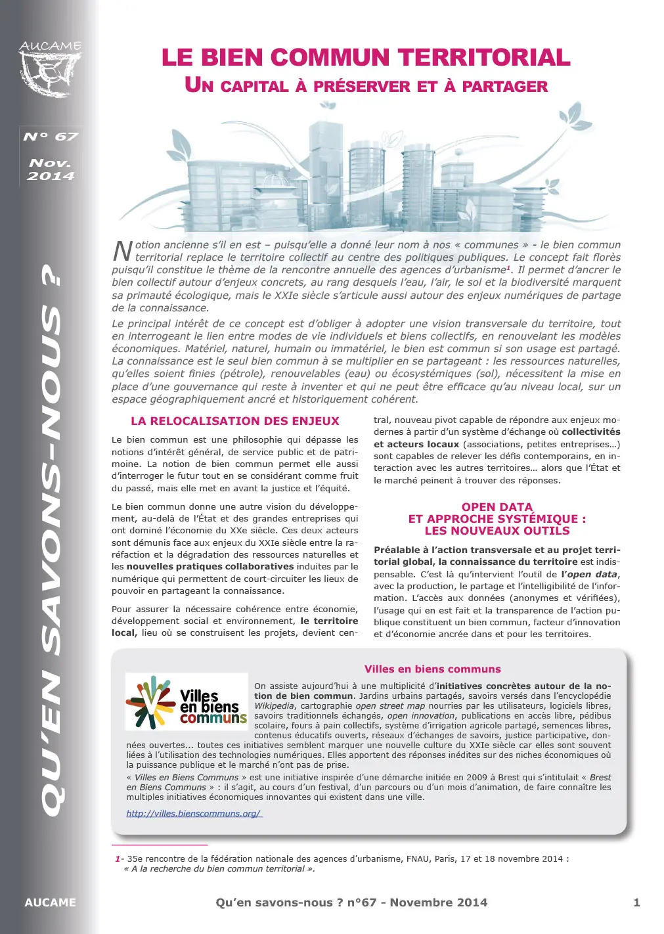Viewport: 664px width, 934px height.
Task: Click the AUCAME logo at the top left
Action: point(51,69)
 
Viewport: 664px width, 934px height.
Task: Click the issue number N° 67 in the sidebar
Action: point(51,137)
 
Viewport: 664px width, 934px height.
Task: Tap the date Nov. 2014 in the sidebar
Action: point(51,169)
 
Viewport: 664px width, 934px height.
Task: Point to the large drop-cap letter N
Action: point(122,251)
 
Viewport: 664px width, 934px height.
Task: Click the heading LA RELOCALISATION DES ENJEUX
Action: point(234,422)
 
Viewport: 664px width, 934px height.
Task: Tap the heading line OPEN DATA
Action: point(497,507)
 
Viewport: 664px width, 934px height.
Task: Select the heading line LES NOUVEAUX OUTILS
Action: point(497,531)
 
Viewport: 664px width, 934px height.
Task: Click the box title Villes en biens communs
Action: point(432,669)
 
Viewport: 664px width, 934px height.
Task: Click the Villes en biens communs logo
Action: point(187,702)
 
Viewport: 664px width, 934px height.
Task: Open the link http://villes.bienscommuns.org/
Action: point(194,813)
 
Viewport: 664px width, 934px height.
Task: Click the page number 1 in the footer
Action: point(636,902)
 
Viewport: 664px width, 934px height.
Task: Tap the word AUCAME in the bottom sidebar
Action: point(50,902)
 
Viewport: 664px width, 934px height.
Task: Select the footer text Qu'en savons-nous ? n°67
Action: point(296,902)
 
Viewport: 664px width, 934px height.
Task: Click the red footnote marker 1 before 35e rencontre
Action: point(118,858)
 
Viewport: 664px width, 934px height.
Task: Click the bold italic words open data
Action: point(588,574)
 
